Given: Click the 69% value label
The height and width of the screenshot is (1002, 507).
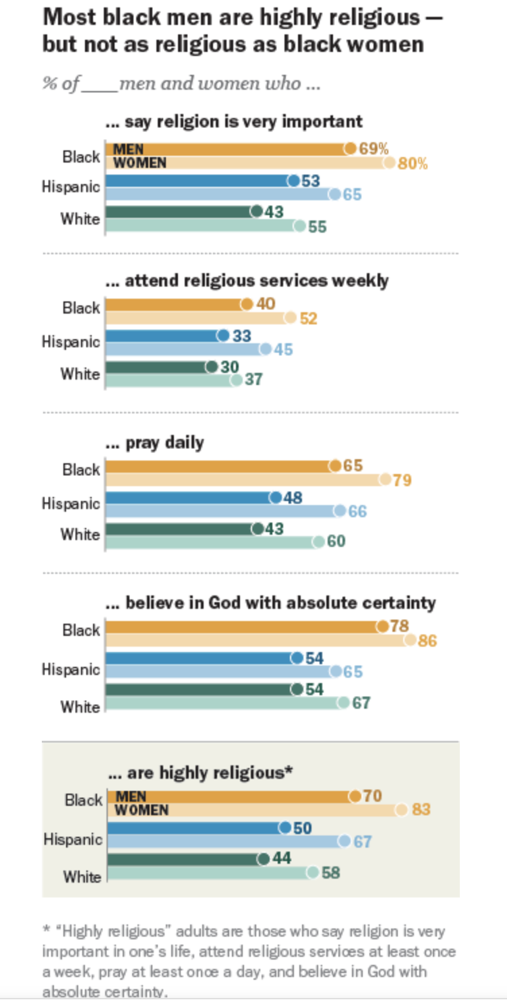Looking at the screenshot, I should pyautogui.click(x=374, y=149).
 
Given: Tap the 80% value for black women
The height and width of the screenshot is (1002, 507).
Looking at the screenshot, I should pyautogui.click(x=413, y=164).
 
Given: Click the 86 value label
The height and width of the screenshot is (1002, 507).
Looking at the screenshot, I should pyautogui.click(x=427, y=641).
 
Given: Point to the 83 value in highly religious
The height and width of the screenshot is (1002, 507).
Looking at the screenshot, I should pyautogui.click(x=421, y=808).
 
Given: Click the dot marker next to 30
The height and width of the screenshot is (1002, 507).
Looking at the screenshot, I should pyautogui.click(x=212, y=366).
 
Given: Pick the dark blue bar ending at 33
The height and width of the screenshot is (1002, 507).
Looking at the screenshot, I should pyautogui.click(x=162, y=335).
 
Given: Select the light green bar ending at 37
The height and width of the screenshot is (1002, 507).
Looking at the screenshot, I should pyautogui.click(x=169, y=380).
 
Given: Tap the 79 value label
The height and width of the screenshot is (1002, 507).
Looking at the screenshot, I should pyautogui.click(x=402, y=480).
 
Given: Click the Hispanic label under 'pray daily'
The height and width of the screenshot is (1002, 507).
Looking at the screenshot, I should pyautogui.click(x=71, y=504).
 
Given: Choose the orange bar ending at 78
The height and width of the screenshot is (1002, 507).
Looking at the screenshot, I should pyautogui.click(x=243, y=626).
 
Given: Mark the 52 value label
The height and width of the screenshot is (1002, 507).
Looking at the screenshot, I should pyautogui.click(x=308, y=318).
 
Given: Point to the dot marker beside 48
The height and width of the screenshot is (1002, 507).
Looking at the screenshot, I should pyautogui.click(x=275, y=498).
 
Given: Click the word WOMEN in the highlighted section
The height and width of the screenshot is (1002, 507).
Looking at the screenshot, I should pyautogui.click(x=142, y=810).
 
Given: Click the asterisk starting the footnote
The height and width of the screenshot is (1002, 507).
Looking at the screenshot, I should pyautogui.click(x=47, y=931).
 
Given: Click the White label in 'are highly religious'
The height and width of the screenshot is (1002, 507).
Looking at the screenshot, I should pyautogui.click(x=82, y=877).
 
